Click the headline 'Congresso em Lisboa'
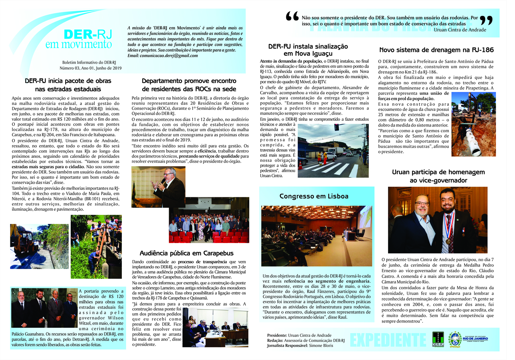coord(314,196)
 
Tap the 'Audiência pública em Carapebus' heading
coord(186,253)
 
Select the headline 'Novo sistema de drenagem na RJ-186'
coord(436,50)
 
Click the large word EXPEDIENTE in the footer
coord(388,340)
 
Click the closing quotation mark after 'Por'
coord(486,20)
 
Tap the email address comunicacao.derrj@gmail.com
coord(169,56)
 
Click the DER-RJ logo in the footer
coord(438,339)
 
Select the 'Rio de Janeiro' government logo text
coord(475,339)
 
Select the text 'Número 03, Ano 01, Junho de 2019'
coord(91,68)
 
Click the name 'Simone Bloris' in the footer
coord(321,346)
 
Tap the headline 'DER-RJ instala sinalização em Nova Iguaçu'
coord(308,50)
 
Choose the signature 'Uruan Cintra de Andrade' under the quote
coord(460,30)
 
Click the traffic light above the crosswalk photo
coord(337,128)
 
